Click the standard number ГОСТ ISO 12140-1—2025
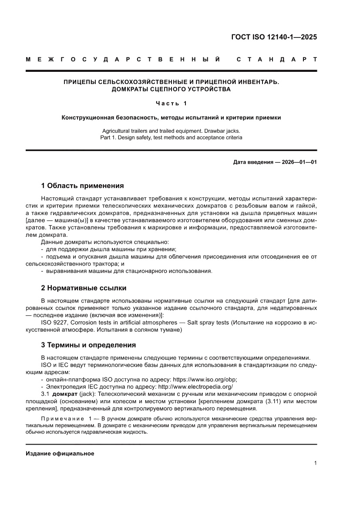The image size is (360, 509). [274, 37]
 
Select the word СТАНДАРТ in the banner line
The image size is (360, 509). [276, 59]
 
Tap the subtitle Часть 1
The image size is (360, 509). [171, 103]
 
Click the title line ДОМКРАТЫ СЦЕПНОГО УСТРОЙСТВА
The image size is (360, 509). [171, 89]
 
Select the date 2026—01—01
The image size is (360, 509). [299, 162]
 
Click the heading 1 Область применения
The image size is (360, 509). [82, 185]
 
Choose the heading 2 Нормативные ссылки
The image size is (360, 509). [84, 288]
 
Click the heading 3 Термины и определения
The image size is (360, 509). [88, 345]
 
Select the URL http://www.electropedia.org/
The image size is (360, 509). [195, 386]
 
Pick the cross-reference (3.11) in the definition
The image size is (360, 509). [274, 401]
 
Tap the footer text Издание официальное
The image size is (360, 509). [60, 454]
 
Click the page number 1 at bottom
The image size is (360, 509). [315, 463]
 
